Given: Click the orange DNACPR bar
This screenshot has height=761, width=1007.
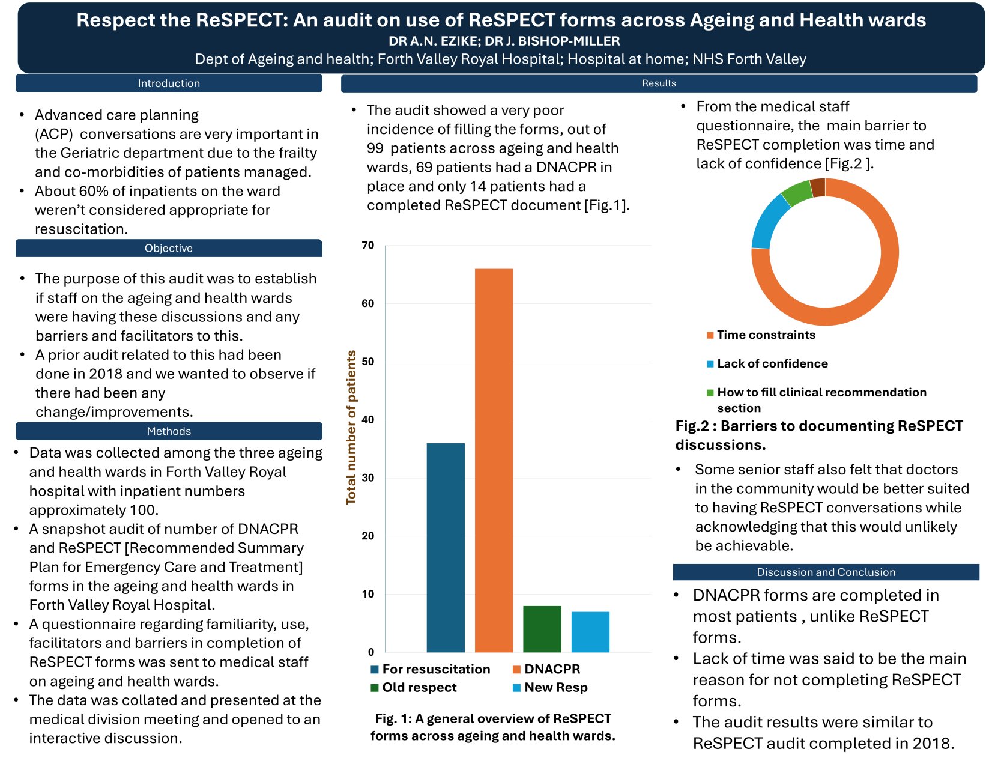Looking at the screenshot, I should point(494,460).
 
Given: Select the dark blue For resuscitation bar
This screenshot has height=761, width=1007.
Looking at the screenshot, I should point(446,547).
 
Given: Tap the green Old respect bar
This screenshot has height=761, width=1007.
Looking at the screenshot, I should point(542,629).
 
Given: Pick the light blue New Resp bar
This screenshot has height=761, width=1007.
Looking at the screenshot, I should point(590,632).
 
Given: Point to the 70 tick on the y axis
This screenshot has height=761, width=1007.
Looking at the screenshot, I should point(367,245).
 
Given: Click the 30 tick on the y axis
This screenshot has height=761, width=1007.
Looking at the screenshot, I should point(367,478).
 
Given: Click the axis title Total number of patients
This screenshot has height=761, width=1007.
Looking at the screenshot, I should point(351,428).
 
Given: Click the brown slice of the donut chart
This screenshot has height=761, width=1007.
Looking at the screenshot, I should point(817,187).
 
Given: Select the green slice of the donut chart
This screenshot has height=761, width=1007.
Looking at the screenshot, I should point(797,193).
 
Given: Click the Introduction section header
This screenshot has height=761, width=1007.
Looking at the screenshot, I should point(169,83).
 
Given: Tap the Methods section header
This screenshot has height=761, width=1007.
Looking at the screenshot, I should point(169,431).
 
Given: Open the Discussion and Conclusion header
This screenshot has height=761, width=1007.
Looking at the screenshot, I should point(826,572).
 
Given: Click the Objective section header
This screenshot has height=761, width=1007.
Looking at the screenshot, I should point(169,248).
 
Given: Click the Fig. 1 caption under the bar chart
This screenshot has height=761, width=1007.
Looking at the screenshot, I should point(493,727).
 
